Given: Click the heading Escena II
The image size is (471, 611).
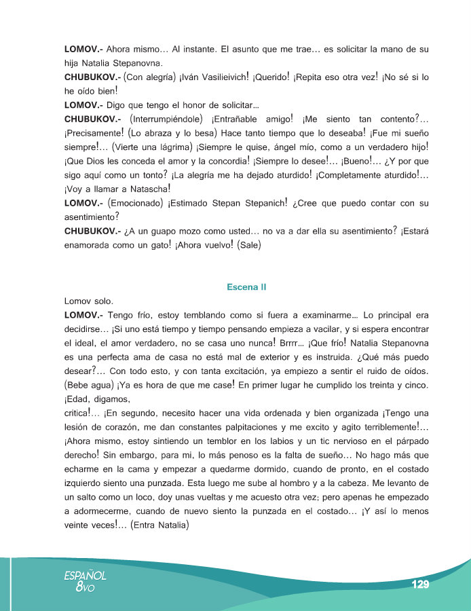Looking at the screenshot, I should pos(246,287).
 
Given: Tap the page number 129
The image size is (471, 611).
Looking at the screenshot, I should pos(421,585).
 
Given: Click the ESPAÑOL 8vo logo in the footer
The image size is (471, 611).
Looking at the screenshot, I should pos(85,581).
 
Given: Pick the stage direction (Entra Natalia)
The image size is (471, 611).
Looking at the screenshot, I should pos(159,525).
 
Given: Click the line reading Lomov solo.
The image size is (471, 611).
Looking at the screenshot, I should pos(88,301).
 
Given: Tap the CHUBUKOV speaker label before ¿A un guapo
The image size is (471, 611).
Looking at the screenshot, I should pos(92,232).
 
